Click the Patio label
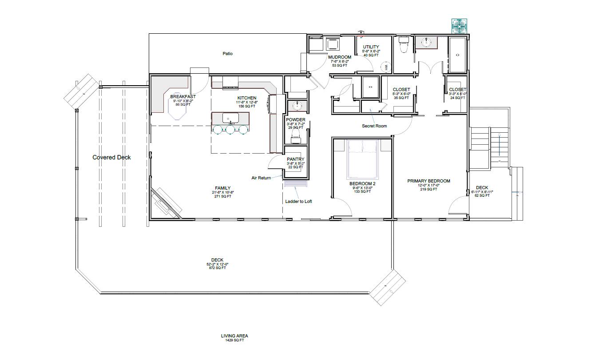click(228, 54)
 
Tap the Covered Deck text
click(111, 157)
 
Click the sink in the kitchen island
click(230, 119)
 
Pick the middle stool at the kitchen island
click(230, 130)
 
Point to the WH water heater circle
click(386, 67)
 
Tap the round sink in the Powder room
click(296, 107)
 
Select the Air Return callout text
click(261, 178)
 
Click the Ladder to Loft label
click(298, 202)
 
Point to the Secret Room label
click(374, 126)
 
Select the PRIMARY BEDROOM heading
click(428, 181)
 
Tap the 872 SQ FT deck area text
click(217, 268)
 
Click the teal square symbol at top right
click(459, 26)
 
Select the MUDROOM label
click(340, 57)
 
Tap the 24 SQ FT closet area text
click(457, 98)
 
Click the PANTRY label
click(295, 159)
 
